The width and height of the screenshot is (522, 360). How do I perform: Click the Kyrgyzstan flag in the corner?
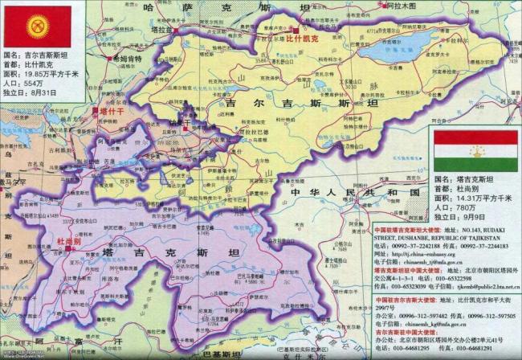pyautogui.click(x=38, y=26)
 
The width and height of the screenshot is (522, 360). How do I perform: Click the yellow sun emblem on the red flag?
pyautogui.click(x=38, y=26)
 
